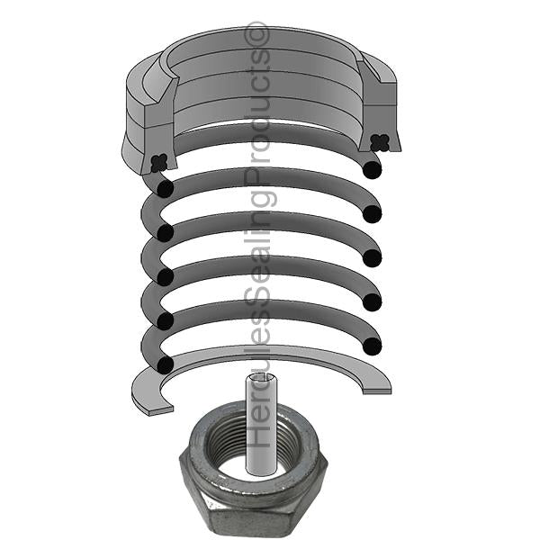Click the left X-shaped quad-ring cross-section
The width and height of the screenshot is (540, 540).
coord(159,163)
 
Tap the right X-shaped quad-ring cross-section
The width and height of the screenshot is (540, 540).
coord(380,142)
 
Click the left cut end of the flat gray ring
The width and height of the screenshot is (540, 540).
coord(160,410)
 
